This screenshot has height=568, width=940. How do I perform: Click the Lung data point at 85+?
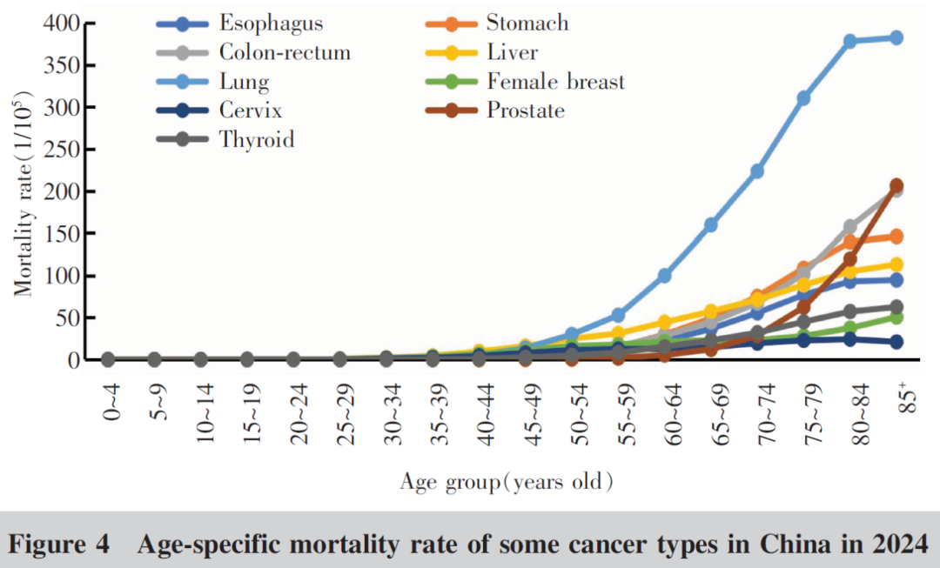coord(896,37)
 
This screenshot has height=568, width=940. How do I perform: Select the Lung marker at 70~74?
coord(757,171)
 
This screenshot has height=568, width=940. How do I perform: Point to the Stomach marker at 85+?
coord(896,237)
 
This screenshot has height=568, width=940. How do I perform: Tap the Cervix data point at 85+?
coord(896,342)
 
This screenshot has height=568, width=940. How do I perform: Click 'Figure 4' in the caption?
coord(59,545)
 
